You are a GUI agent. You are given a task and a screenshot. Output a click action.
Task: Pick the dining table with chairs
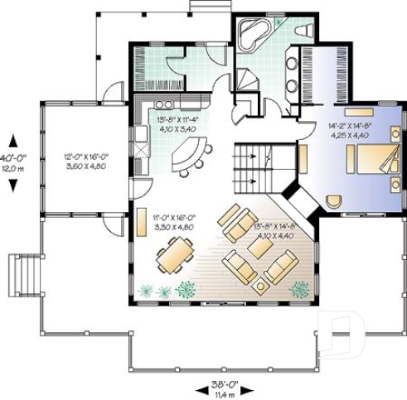[x=175, y=255]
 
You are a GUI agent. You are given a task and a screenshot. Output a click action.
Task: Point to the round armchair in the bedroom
[x=335, y=201]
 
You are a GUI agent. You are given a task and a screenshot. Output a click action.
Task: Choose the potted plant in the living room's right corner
[x=299, y=288]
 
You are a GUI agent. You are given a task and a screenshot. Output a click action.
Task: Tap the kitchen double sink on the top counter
[x=162, y=104]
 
